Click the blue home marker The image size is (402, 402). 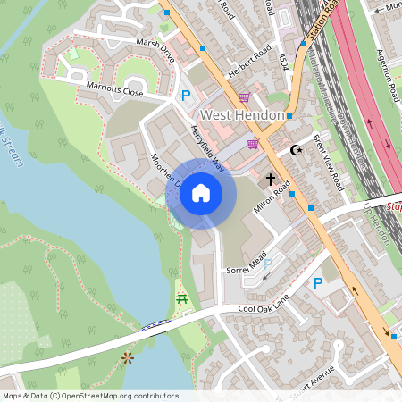(201, 193)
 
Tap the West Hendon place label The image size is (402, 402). (241, 115)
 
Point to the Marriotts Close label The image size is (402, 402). (115, 91)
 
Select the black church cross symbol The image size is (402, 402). (270, 180)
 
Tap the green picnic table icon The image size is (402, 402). (182, 298)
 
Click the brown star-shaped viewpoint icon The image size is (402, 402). (128, 358)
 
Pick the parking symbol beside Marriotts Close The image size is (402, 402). (186, 96)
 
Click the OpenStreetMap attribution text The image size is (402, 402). (89, 395)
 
